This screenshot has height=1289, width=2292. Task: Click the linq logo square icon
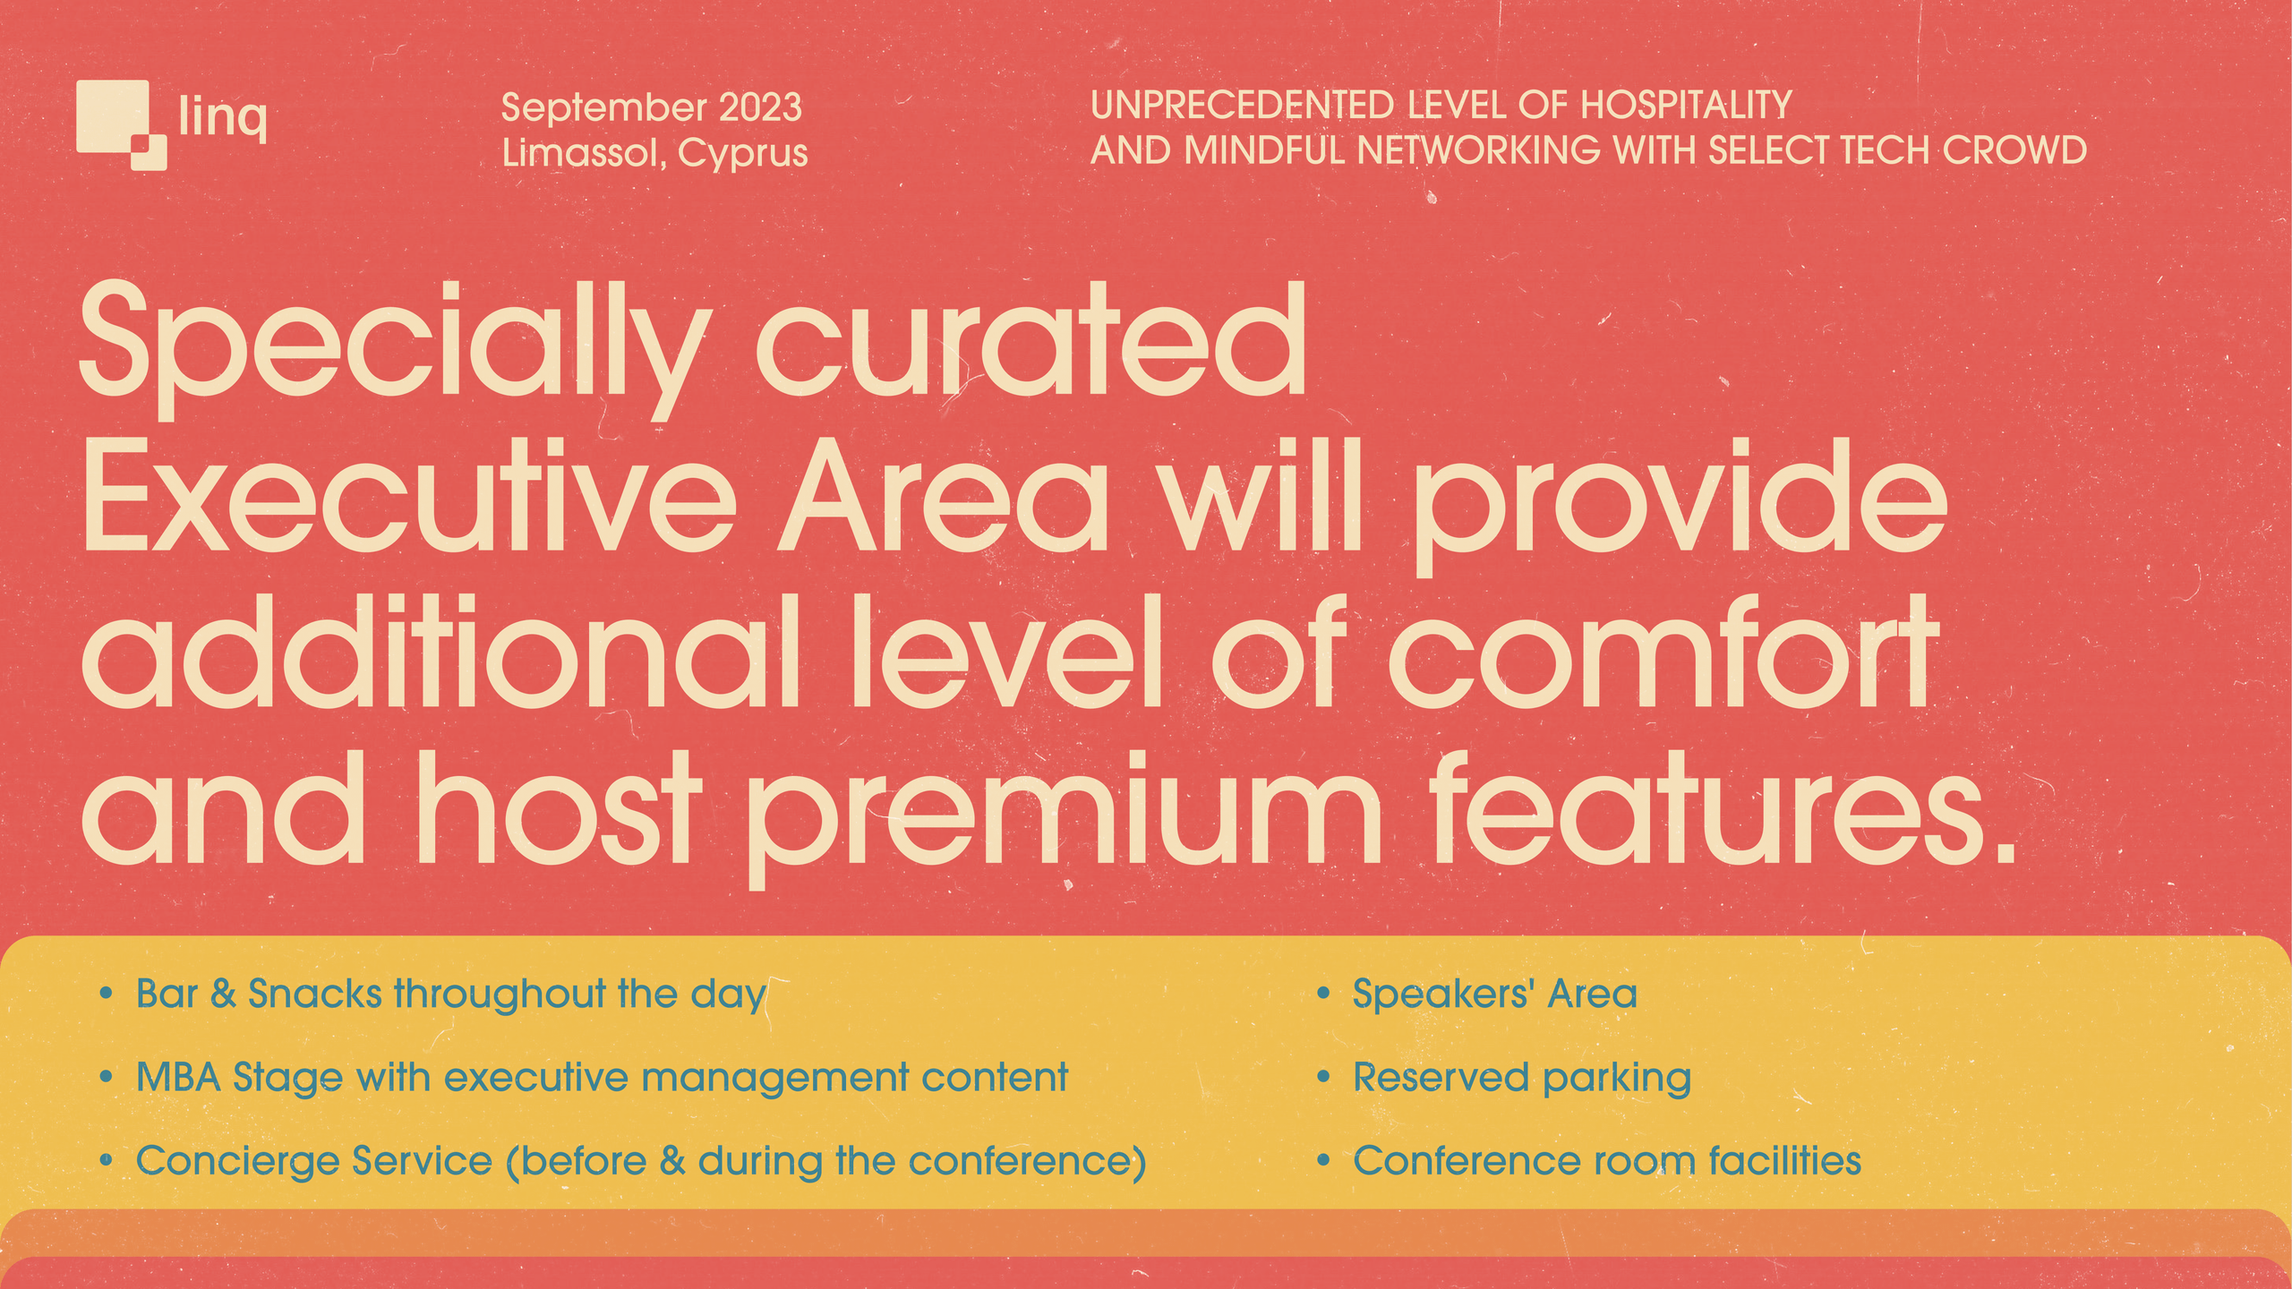120,124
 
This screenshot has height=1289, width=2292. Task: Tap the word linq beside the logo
222,117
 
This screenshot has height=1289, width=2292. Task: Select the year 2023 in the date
760,107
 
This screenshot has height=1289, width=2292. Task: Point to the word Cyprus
742,154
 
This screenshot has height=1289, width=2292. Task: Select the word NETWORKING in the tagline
1478,150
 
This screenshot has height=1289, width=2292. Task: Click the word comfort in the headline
1663,653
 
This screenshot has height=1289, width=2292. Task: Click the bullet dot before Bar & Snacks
107,994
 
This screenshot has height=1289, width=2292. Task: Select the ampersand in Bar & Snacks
222,994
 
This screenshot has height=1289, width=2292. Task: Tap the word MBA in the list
178,1077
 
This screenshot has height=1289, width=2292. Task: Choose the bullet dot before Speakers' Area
1323,994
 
